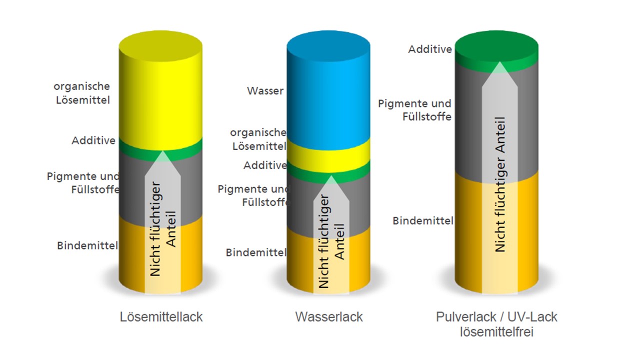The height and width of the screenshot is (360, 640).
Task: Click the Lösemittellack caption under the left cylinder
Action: point(161,317)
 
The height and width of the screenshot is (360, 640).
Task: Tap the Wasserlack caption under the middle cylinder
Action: point(329,317)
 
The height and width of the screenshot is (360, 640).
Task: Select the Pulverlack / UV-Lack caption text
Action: point(496,317)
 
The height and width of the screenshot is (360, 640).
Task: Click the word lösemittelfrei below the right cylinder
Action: point(496,332)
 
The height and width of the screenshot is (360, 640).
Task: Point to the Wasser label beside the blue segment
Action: point(265,91)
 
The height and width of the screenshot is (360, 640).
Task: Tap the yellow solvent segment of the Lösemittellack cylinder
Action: point(160,91)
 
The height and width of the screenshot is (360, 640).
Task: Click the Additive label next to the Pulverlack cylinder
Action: point(430,49)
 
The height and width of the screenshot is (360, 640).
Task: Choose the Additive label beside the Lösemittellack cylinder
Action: point(93,140)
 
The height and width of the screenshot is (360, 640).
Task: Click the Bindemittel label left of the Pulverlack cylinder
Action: point(423,221)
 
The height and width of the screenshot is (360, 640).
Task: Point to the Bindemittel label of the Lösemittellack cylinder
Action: point(87,245)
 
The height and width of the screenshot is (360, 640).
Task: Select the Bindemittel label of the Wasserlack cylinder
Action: point(256,252)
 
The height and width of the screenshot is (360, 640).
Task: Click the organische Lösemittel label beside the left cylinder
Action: point(82,93)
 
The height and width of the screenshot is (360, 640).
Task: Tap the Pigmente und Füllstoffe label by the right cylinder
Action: point(414,110)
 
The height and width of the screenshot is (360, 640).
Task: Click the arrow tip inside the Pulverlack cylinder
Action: point(499,62)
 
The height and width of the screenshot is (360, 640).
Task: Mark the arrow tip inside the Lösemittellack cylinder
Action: point(162,151)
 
